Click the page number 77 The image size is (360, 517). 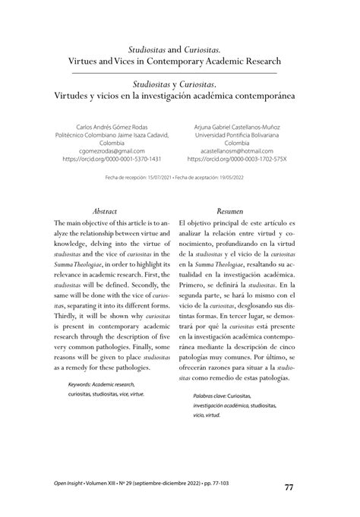pos(289,487)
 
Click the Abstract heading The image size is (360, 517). pos(104,210)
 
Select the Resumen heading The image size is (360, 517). pos(230,210)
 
